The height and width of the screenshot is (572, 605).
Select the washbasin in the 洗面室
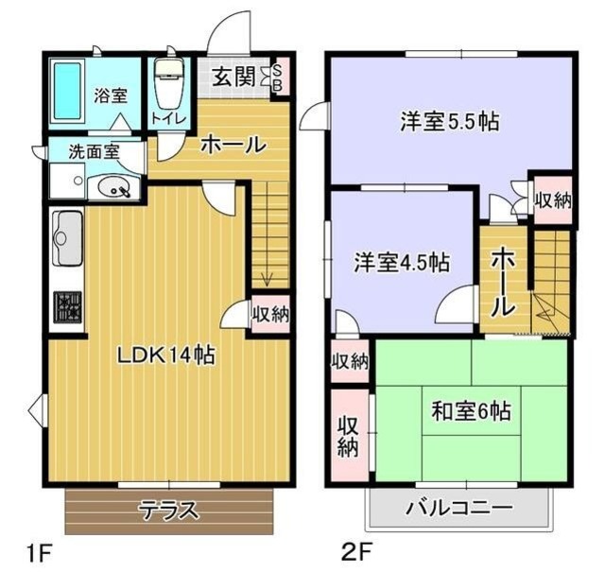(x=117, y=188)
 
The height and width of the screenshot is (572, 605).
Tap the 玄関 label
(x=233, y=77)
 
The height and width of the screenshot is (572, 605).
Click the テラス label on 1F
(x=169, y=511)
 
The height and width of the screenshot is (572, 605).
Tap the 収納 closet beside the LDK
(x=270, y=314)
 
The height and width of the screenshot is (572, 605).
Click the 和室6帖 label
(x=472, y=411)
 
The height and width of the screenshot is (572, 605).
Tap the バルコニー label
(x=459, y=509)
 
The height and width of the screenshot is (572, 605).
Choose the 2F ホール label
(x=503, y=281)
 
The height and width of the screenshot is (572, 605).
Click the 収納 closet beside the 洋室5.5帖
(x=553, y=199)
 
